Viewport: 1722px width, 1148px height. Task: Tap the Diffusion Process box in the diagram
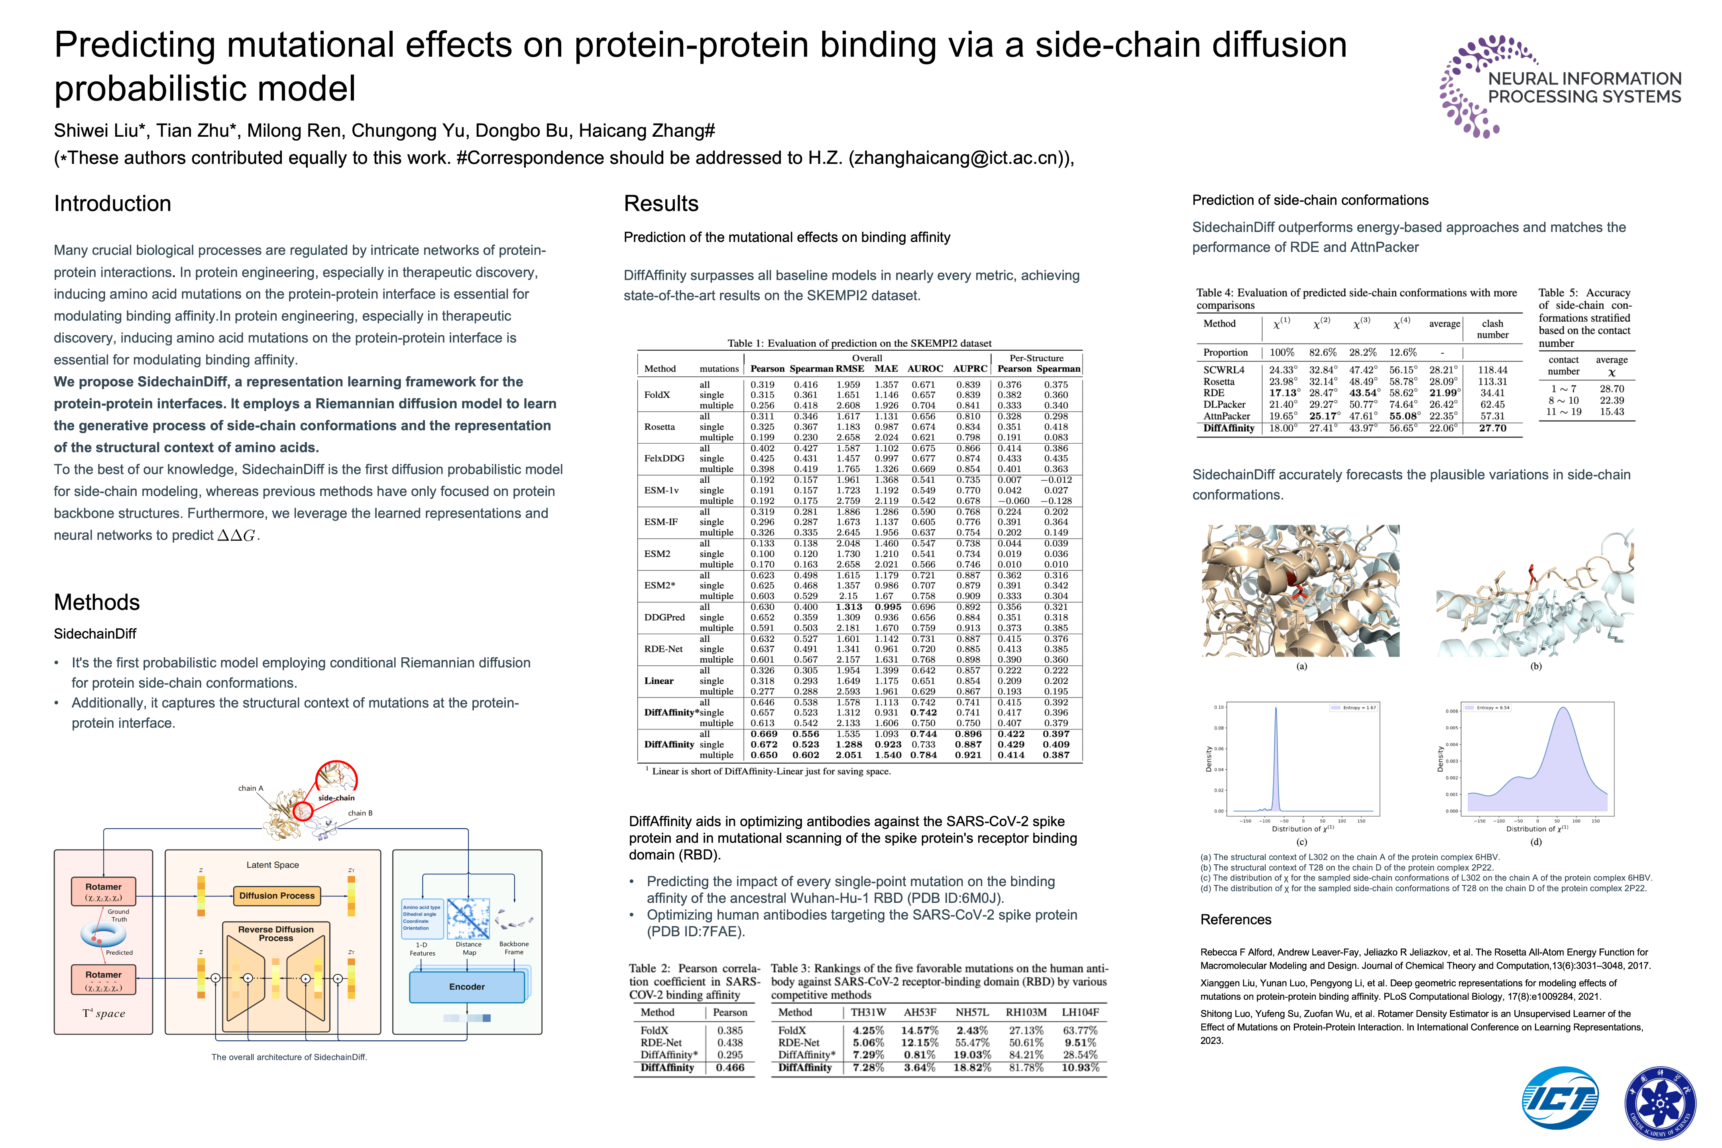point(277,895)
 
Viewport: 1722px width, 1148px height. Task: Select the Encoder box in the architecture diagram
point(467,987)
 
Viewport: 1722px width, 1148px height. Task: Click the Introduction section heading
point(113,204)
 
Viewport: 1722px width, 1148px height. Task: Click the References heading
point(1236,920)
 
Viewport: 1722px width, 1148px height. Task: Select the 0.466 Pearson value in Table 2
point(730,1067)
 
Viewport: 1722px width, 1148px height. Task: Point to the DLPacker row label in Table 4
point(1224,404)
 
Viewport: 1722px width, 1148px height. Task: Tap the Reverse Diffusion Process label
point(276,934)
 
